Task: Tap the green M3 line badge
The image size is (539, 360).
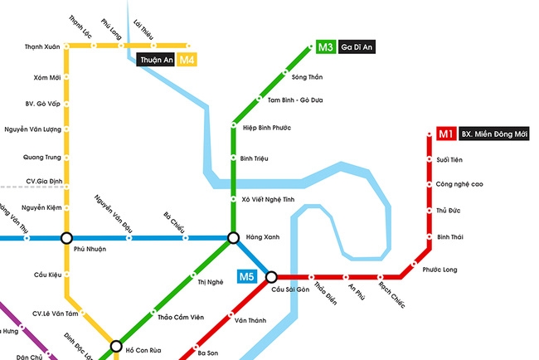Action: coord(326,47)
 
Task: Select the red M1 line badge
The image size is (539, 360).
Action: coord(445,134)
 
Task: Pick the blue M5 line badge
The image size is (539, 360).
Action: coord(246,276)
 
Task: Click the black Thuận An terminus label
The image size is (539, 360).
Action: coord(156,60)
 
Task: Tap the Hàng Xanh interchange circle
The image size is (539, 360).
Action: coord(234,238)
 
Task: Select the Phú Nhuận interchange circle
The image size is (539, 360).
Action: coord(67,238)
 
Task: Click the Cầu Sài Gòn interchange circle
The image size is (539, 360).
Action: coord(271,277)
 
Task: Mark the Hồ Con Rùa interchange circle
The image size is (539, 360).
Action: coord(116,346)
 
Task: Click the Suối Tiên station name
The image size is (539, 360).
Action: coord(449,159)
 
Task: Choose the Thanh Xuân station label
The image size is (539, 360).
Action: coord(42,47)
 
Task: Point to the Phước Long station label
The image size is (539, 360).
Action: coord(439,270)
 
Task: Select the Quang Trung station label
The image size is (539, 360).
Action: coord(41,157)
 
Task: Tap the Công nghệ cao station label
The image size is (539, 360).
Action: coord(459,185)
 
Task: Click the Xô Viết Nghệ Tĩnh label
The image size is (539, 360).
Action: coord(269,199)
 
